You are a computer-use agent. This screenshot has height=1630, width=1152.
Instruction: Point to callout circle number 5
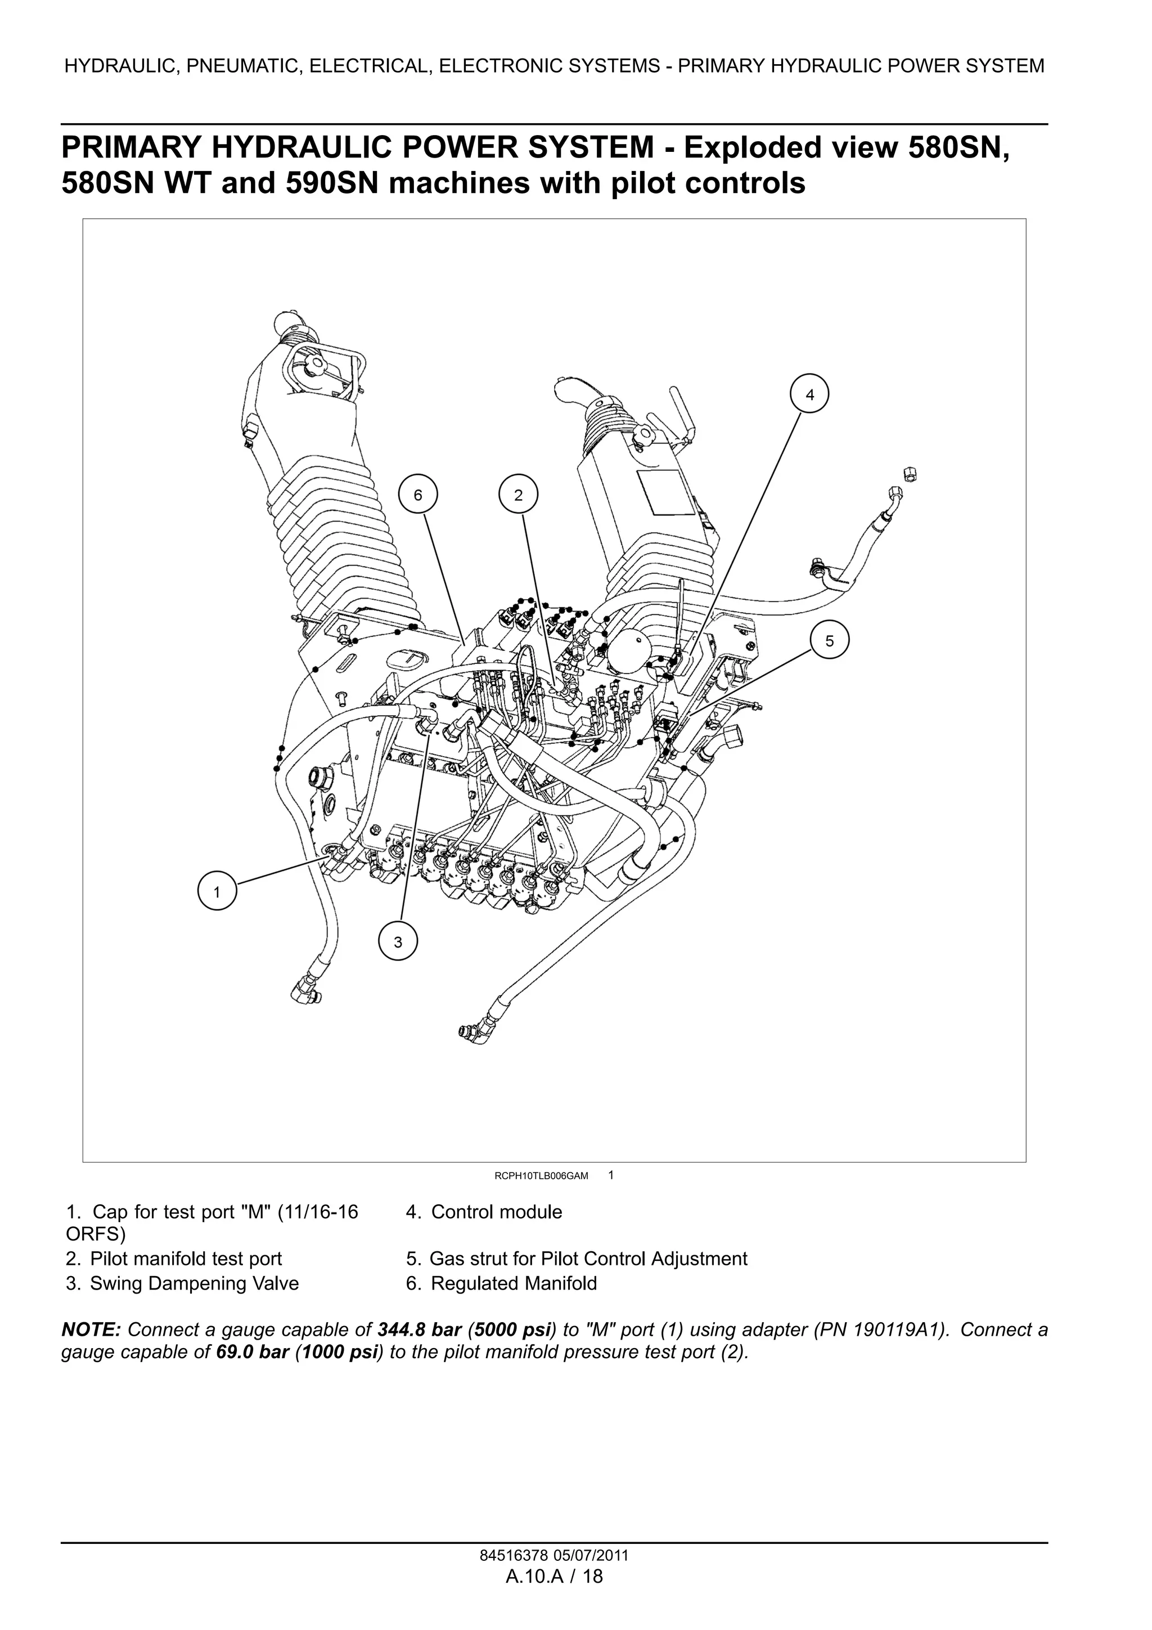[829, 640]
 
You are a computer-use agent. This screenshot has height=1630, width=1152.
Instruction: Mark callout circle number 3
[398, 942]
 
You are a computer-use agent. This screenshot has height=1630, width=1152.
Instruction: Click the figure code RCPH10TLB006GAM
[541, 1175]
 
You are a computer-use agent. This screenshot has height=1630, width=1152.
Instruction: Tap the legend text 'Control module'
[496, 1212]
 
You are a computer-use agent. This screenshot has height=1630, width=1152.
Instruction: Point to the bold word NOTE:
[92, 1330]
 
